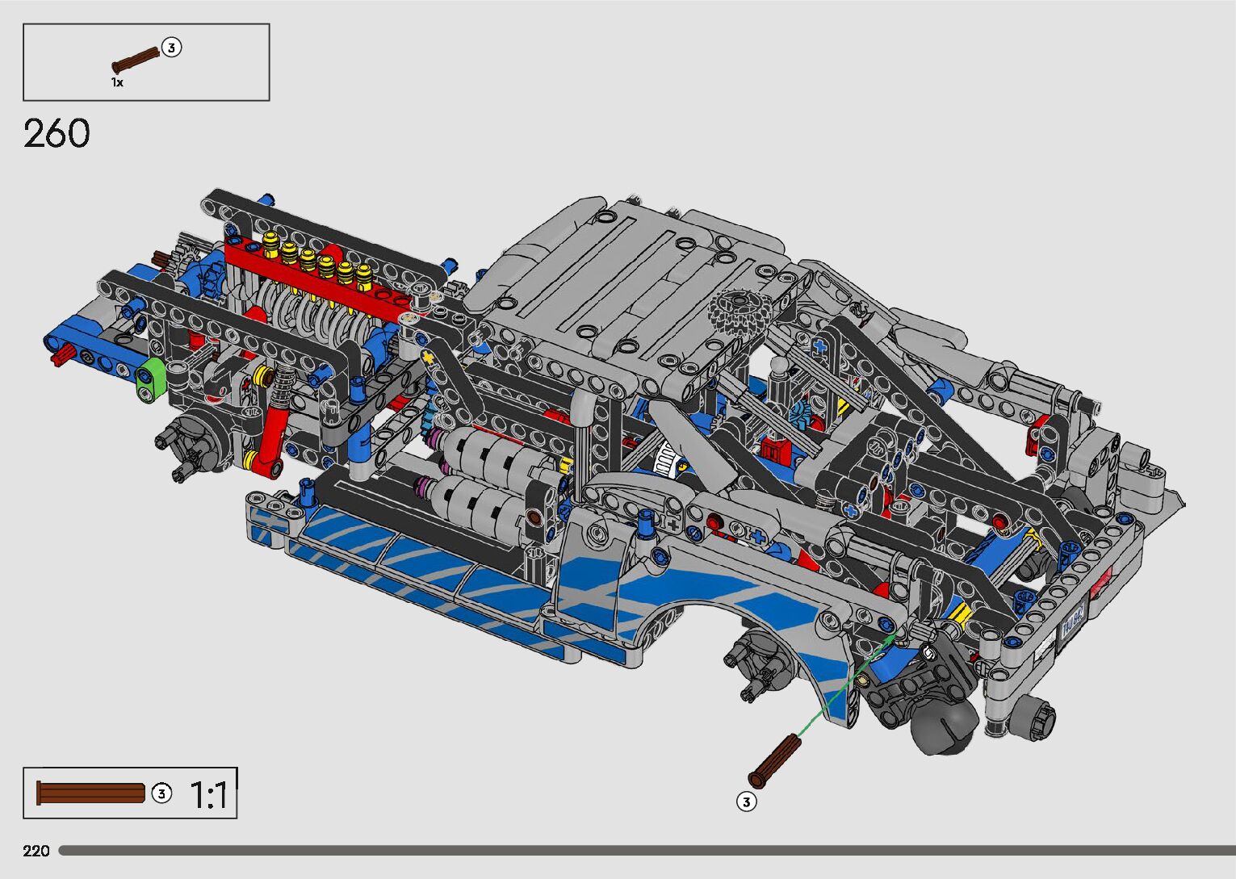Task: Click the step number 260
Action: click(x=57, y=133)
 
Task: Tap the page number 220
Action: click(x=36, y=850)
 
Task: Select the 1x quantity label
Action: click(x=117, y=82)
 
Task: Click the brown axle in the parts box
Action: click(x=136, y=60)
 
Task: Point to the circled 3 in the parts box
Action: click(x=172, y=48)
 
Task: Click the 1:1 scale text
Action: click(x=208, y=795)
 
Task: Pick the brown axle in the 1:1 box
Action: click(x=90, y=793)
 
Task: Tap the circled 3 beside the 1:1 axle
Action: click(x=161, y=793)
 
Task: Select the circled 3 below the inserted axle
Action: click(x=747, y=802)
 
